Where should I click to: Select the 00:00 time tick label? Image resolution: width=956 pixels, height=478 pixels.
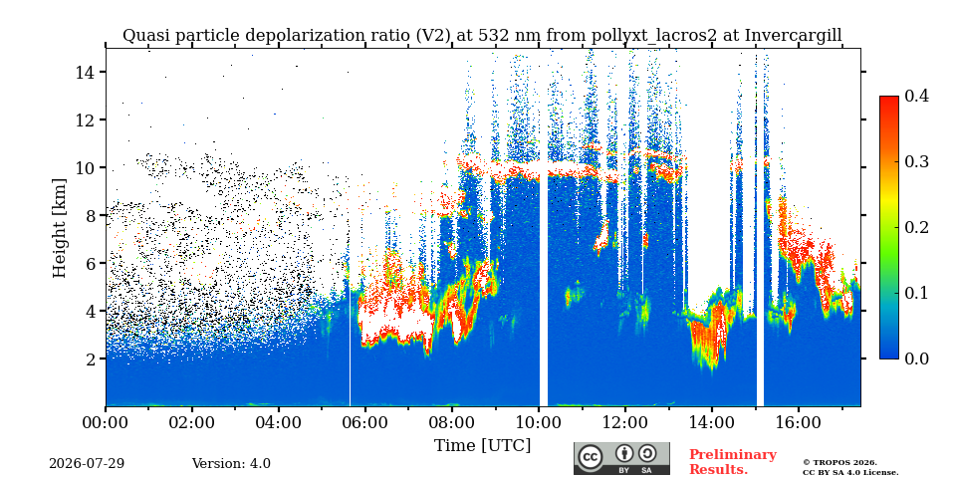107,422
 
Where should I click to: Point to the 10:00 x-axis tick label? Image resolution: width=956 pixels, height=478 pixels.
539,422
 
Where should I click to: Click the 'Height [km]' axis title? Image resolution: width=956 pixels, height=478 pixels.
59,227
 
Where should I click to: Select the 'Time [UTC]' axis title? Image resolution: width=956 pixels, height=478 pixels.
482,445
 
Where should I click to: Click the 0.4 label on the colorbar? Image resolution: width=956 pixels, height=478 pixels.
916,96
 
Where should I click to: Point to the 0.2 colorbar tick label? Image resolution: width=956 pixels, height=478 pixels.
916,227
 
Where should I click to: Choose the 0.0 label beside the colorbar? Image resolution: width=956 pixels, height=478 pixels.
916,358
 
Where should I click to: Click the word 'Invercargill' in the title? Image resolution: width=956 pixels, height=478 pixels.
794,36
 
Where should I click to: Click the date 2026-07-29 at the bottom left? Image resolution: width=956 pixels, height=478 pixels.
87,463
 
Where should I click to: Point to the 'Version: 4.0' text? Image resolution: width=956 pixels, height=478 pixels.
231,463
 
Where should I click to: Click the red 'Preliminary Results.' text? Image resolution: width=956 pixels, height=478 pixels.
733,461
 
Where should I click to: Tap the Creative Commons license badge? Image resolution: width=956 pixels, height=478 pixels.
621,458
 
